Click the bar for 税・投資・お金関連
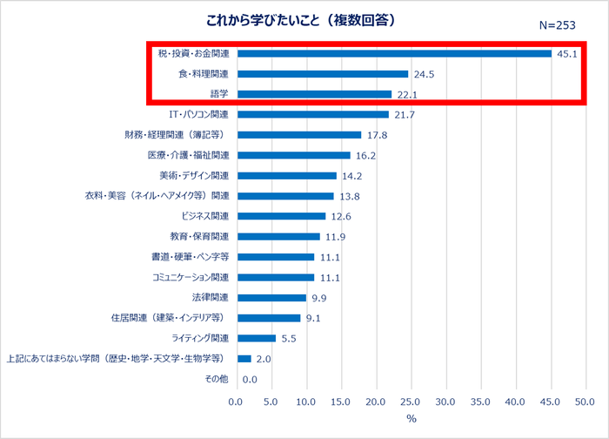pyautogui.click(x=393, y=53)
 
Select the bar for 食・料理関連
pyautogui.click(x=321, y=74)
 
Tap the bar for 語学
pyautogui.click(x=313, y=94)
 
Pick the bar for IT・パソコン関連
pyautogui.click(x=311, y=114)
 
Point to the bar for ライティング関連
pyautogui.click(x=255, y=338)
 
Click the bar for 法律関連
pyautogui.click(x=271, y=297)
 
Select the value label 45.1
pyautogui.click(x=567, y=53)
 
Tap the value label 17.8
pyautogui.click(x=377, y=135)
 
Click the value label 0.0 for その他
pyautogui.click(x=250, y=379)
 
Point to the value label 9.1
pyautogui.click(x=313, y=318)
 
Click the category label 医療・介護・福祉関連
pyautogui.click(x=188, y=155)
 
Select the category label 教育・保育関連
pyautogui.click(x=198, y=236)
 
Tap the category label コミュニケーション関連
pyautogui.click(x=189, y=277)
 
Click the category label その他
pyautogui.click(x=216, y=379)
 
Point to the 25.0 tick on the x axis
pyautogui.click(x=410, y=402)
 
